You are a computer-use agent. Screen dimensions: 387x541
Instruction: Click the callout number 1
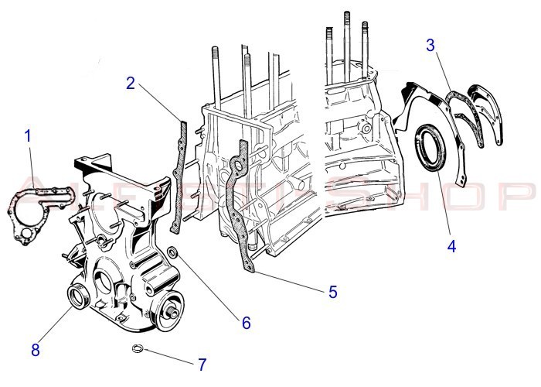(x=28, y=137)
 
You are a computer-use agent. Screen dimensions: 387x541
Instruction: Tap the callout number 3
(x=430, y=45)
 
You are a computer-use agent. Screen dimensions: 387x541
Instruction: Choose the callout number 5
(x=333, y=292)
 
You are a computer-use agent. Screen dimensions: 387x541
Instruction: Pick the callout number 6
(x=246, y=322)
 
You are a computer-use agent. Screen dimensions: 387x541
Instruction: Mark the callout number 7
(x=202, y=363)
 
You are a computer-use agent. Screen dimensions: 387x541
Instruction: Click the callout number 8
(x=35, y=349)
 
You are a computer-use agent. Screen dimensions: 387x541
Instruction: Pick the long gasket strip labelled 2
(x=179, y=174)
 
